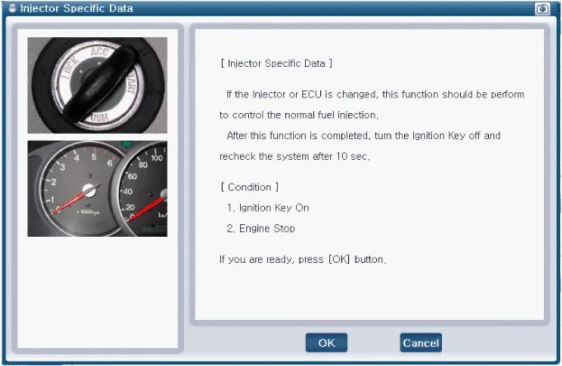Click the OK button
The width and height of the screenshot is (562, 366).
tap(327, 343)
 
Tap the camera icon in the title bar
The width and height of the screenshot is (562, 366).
tap(542, 8)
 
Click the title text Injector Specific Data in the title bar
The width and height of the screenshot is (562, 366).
tap(77, 8)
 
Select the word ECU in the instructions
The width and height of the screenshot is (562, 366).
tap(311, 94)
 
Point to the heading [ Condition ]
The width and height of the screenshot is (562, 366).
tap(250, 187)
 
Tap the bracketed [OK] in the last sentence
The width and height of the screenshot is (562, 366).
tap(339, 259)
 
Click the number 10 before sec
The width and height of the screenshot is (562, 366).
tap(342, 156)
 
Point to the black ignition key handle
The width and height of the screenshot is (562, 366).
tap(98, 84)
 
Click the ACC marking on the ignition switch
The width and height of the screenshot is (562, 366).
tap(99, 52)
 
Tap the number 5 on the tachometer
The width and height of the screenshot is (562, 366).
tap(94, 157)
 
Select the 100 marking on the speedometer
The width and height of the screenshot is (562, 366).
tap(157, 158)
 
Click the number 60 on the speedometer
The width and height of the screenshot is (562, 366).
tap(133, 176)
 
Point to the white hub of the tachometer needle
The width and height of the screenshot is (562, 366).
tap(89, 191)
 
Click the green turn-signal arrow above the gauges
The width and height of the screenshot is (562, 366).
tap(127, 144)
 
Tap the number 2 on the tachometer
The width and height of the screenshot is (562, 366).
tap(53, 183)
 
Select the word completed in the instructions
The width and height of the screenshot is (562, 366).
tap(345, 136)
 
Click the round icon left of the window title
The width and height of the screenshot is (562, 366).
tap(13, 8)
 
